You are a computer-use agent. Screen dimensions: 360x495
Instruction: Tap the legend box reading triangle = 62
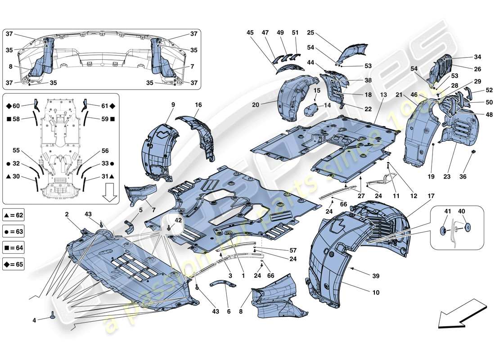13,215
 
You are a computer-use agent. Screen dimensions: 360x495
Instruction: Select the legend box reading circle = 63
13,231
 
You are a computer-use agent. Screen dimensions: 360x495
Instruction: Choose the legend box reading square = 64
13,247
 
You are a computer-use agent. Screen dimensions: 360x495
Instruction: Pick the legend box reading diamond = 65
13,264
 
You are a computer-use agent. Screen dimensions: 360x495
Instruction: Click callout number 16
198,104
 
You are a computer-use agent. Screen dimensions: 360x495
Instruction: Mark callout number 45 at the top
250,32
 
